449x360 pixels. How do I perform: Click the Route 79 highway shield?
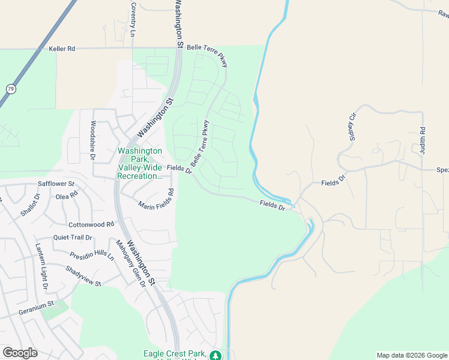tap(10, 88)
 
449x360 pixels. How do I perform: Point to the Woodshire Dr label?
tap(93, 140)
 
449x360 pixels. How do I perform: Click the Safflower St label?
tap(56, 184)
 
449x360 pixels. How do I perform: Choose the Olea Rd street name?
tap(67, 196)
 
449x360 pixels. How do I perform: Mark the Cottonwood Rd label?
tap(91, 224)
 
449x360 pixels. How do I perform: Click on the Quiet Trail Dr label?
tap(73, 238)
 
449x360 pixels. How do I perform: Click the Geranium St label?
tap(37, 312)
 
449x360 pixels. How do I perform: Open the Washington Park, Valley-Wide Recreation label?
tap(140, 164)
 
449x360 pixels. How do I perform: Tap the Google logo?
tap(20, 353)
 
